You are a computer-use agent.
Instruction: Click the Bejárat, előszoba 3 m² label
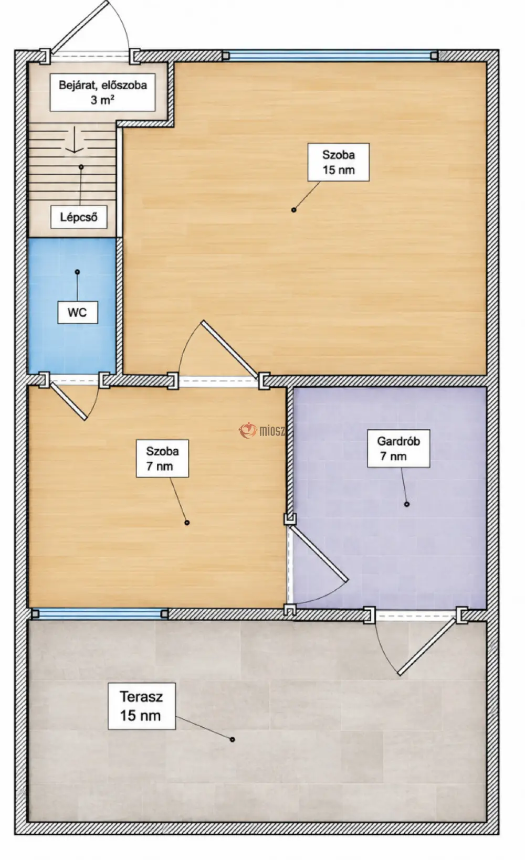pyautogui.click(x=102, y=92)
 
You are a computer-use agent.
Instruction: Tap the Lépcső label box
pyautogui.click(x=79, y=217)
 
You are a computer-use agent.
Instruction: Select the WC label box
pyautogui.click(x=78, y=313)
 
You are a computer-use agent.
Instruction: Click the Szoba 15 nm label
pyautogui.click(x=338, y=163)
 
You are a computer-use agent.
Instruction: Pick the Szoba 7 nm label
pyautogui.click(x=162, y=459)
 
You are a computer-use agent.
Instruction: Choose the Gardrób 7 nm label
pyautogui.click(x=398, y=449)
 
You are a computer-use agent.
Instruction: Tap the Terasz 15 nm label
pyautogui.click(x=142, y=706)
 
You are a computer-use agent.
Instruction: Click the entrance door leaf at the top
pyautogui.click(x=80, y=27)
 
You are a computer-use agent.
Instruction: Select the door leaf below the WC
pyautogui.click(x=68, y=401)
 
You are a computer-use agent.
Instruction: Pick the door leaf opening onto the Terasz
pyautogui.click(x=427, y=646)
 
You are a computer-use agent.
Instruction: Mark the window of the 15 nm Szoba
pyautogui.click(x=330, y=56)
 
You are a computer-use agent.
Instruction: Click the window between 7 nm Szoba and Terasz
pyautogui.click(x=100, y=614)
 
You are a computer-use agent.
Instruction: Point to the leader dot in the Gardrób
pyautogui.click(x=407, y=504)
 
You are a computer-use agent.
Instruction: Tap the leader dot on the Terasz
pyautogui.click(x=233, y=739)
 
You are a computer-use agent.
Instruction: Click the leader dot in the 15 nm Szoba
pyautogui.click(x=294, y=210)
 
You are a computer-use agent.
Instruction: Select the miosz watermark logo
pyautogui.click(x=262, y=430)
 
